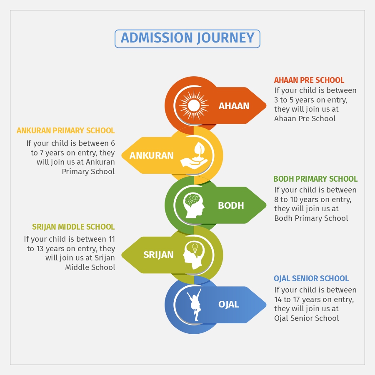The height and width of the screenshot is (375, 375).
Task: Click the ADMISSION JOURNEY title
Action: point(187,38)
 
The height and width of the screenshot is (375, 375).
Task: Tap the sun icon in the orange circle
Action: point(194,105)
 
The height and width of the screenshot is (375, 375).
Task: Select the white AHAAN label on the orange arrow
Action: point(234,106)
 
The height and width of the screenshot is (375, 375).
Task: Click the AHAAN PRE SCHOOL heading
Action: point(309,80)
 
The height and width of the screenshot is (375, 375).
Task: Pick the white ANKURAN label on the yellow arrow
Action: point(151,155)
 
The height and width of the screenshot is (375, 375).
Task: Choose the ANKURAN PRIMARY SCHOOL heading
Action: point(65,130)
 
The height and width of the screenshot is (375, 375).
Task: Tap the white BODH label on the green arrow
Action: point(231,205)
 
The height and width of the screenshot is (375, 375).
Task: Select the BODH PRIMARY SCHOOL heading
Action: point(315,179)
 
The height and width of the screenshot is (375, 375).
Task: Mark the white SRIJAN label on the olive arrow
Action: point(158,255)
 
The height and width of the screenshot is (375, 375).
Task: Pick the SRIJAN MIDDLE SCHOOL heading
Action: point(73,227)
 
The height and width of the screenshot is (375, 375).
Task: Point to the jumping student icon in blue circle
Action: point(194,305)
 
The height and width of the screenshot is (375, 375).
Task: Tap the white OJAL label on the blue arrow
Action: point(229,304)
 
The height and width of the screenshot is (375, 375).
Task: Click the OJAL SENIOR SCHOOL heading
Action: point(311,278)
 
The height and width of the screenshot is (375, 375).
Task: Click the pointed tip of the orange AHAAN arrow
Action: point(266,105)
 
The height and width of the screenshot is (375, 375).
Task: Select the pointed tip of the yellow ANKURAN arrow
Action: point(122,155)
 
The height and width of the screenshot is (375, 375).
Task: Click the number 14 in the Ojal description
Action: point(278,300)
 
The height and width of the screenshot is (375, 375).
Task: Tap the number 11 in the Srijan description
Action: point(112,239)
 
